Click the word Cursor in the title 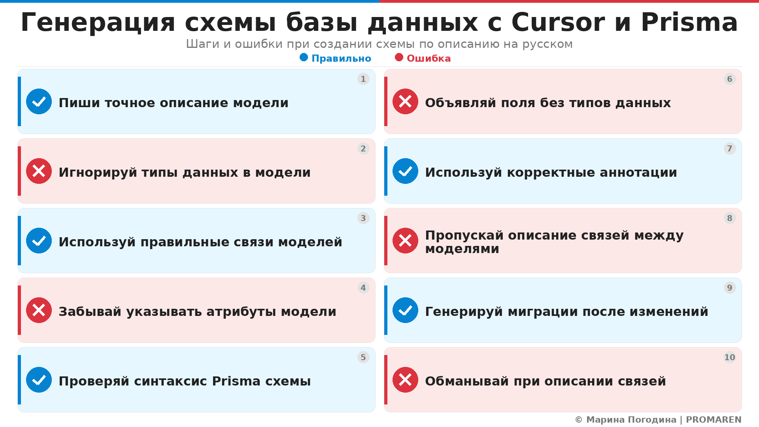pos(558,23)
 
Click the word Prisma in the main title pos(689,23)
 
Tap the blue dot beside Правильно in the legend pos(304,58)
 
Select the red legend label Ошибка pos(429,59)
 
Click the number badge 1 pos(363,79)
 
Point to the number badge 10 pos(729,357)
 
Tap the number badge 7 pos(729,149)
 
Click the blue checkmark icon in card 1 pos(39,102)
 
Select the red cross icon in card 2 pos(39,171)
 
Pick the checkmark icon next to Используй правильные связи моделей pos(39,241)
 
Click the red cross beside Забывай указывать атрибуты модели pos(39,310)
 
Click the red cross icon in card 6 pos(405,102)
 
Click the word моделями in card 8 pos(462,249)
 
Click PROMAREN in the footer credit pos(713,420)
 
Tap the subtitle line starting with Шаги pos(379,44)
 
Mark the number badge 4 pos(363,288)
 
